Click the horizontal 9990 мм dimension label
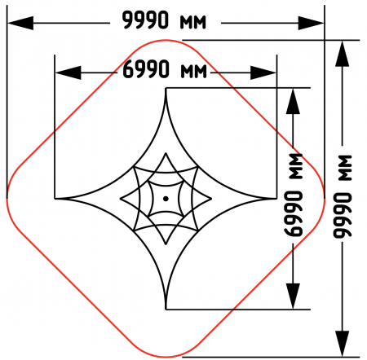[x=164, y=20]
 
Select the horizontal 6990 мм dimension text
[x=165, y=69]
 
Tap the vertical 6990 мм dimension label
[x=293, y=195]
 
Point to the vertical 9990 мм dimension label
[x=343, y=196]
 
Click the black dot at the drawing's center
[x=166, y=199]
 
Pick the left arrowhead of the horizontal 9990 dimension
[x=20, y=23]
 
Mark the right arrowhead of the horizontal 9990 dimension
[x=311, y=23]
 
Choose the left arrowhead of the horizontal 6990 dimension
[x=69, y=72]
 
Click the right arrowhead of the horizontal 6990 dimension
[x=263, y=72]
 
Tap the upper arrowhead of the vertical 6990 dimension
[x=293, y=101]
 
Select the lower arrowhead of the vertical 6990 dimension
[x=293, y=296]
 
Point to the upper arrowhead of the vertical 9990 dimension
[x=343, y=54]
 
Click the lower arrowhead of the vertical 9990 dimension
[x=343, y=344]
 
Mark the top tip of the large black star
[x=166, y=89]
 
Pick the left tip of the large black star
[x=55, y=199]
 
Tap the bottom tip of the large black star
[x=166, y=309]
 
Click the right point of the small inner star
[x=211, y=199]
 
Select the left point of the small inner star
[x=121, y=199]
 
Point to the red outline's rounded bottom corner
[x=166, y=357]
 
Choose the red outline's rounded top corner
[x=166, y=41]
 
